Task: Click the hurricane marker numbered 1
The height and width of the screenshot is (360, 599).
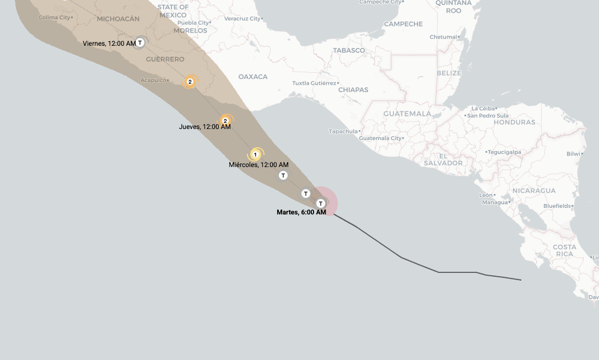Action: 255,155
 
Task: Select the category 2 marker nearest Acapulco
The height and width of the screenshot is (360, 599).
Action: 190,82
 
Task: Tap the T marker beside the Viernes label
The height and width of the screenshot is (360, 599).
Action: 140,42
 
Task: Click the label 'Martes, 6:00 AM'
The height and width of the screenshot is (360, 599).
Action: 301,212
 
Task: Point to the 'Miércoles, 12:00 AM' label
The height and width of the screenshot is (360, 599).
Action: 258,165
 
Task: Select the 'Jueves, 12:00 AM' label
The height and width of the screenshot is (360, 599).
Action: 204,127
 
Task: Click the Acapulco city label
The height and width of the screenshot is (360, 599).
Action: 154,80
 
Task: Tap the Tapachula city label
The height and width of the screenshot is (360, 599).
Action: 343,131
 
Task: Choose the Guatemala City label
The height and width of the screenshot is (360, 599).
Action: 380,138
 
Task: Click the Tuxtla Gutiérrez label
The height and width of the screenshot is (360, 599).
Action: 314,83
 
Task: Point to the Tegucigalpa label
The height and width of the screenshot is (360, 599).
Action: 504,152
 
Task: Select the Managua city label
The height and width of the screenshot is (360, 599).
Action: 494,202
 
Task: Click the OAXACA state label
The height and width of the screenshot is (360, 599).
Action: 253,77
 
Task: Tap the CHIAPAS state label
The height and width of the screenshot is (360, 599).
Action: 353,90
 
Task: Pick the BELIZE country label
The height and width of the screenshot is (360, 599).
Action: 449,73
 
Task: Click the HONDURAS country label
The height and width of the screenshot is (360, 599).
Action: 514,122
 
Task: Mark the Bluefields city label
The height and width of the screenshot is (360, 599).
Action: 557,206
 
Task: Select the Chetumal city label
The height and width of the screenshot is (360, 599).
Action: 443,37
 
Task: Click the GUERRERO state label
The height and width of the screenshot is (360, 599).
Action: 165,59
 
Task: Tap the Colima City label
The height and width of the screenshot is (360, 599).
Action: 55,18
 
